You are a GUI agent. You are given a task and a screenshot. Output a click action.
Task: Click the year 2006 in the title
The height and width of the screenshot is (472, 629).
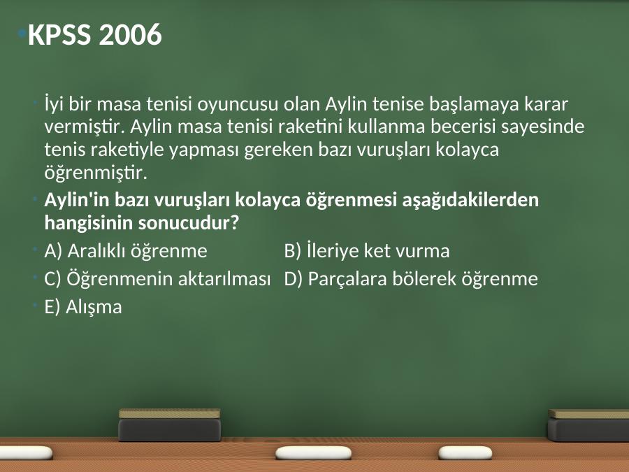pyautogui.click(x=130, y=34)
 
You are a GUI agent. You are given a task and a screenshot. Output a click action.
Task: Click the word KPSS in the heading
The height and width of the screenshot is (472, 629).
pyautogui.click(x=59, y=34)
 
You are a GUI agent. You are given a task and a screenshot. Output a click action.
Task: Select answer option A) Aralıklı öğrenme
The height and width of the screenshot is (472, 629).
pyautogui.click(x=126, y=251)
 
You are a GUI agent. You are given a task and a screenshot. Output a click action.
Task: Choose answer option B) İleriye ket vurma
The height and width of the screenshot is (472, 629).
pyautogui.click(x=367, y=250)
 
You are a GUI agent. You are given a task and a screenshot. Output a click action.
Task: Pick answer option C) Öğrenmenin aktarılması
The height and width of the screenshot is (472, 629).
pyautogui.click(x=157, y=278)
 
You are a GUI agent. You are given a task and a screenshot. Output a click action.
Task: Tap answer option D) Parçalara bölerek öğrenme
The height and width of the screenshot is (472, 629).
pyautogui.click(x=411, y=279)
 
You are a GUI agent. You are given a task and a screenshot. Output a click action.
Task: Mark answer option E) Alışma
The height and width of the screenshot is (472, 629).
pyautogui.click(x=83, y=307)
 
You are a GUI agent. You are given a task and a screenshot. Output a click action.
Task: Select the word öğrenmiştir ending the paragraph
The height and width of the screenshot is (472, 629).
pyautogui.click(x=96, y=173)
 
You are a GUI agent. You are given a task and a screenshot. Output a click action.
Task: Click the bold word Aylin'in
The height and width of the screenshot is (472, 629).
pyautogui.click(x=77, y=200)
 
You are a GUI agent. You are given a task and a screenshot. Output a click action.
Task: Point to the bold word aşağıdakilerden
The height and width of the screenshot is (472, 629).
pyautogui.click(x=470, y=200)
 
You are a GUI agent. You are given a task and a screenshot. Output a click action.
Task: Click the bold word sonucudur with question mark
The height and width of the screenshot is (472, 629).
pyautogui.click(x=189, y=222)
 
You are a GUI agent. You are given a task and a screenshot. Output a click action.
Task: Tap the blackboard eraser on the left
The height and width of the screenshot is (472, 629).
pyautogui.click(x=170, y=425)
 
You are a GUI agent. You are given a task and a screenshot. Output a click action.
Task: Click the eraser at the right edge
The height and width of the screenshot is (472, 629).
pyautogui.click(x=588, y=425)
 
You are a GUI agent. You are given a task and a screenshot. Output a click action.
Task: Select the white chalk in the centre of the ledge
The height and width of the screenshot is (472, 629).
pyautogui.click(x=313, y=453)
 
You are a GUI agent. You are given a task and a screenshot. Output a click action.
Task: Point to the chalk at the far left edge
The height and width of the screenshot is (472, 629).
pyautogui.click(x=26, y=452)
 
